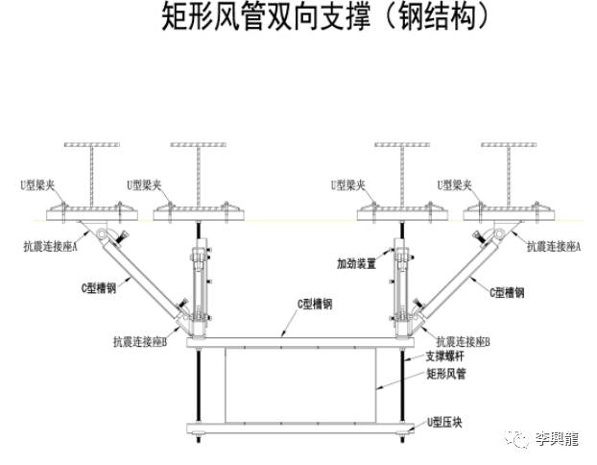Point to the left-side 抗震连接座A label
tap(45, 246)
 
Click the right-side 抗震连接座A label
tap(557, 246)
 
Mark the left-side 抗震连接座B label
tap(140, 341)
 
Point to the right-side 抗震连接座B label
tap(464, 341)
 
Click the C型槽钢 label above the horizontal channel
tap(313, 303)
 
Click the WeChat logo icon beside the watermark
tap(519, 439)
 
